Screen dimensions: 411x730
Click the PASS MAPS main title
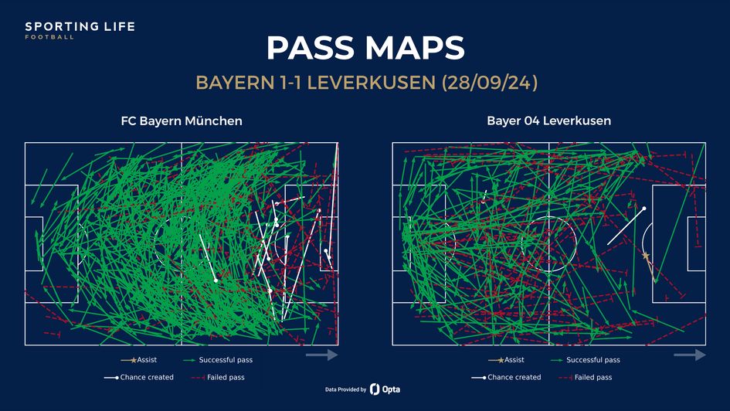pos(365,48)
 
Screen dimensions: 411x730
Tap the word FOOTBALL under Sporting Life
pos(49,37)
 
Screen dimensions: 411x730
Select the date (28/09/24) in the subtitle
pos(491,83)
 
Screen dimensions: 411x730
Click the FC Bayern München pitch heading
pos(182,121)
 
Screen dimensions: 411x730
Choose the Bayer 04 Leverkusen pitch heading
pos(548,121)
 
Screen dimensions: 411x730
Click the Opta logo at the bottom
pos(385,389)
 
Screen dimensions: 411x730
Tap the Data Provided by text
pos(345,389)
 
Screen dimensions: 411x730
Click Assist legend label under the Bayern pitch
pos(147,360)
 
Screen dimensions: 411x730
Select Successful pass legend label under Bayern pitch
pos(225,360)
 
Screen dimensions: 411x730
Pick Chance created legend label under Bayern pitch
pos(147,378)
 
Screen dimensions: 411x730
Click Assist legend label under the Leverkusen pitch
pos(514,360)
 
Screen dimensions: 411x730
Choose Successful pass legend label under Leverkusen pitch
pos(592,360)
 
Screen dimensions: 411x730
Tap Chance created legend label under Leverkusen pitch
pos(514,378)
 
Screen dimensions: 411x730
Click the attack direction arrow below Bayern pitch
pos(322,355)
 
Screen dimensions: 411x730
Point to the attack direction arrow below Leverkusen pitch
pos(689,355)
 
